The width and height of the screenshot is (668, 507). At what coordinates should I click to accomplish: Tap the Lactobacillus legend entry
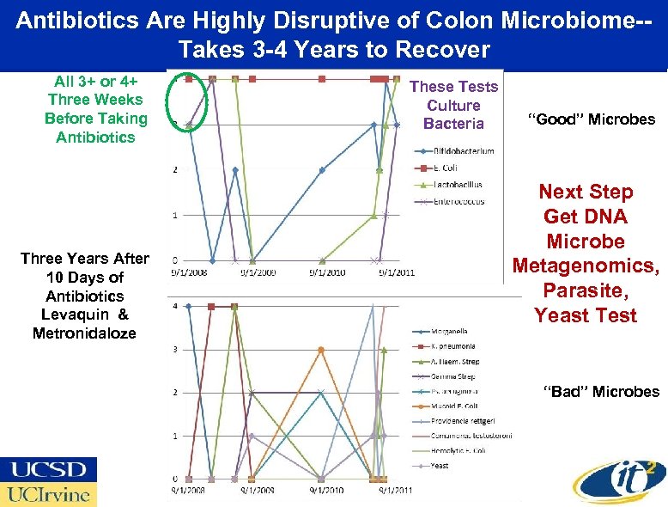point(458,185)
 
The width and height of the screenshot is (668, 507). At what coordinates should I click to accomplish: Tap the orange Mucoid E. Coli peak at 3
point(320,349)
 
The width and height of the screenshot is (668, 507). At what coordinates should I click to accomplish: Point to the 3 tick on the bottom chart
point(176,349)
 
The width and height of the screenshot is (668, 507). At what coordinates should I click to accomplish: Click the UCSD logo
point(49,470)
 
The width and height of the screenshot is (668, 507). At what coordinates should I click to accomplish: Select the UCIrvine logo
point(49,494)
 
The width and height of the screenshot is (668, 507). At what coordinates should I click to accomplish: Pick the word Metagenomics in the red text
point(586,266)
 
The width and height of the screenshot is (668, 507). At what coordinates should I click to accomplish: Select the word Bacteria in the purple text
point(453,123)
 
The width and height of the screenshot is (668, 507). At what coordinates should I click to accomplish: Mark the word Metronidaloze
point(84,333)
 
